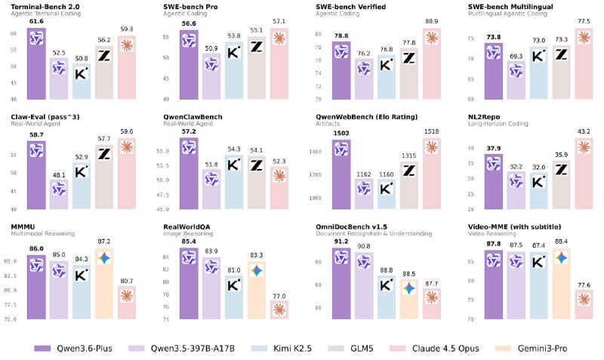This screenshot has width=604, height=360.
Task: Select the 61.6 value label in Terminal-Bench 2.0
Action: [x=36, y=22]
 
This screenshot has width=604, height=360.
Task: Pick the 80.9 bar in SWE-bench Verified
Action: [x=433, y=63]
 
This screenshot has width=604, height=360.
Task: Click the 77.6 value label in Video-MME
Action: [x=584, y=284]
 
